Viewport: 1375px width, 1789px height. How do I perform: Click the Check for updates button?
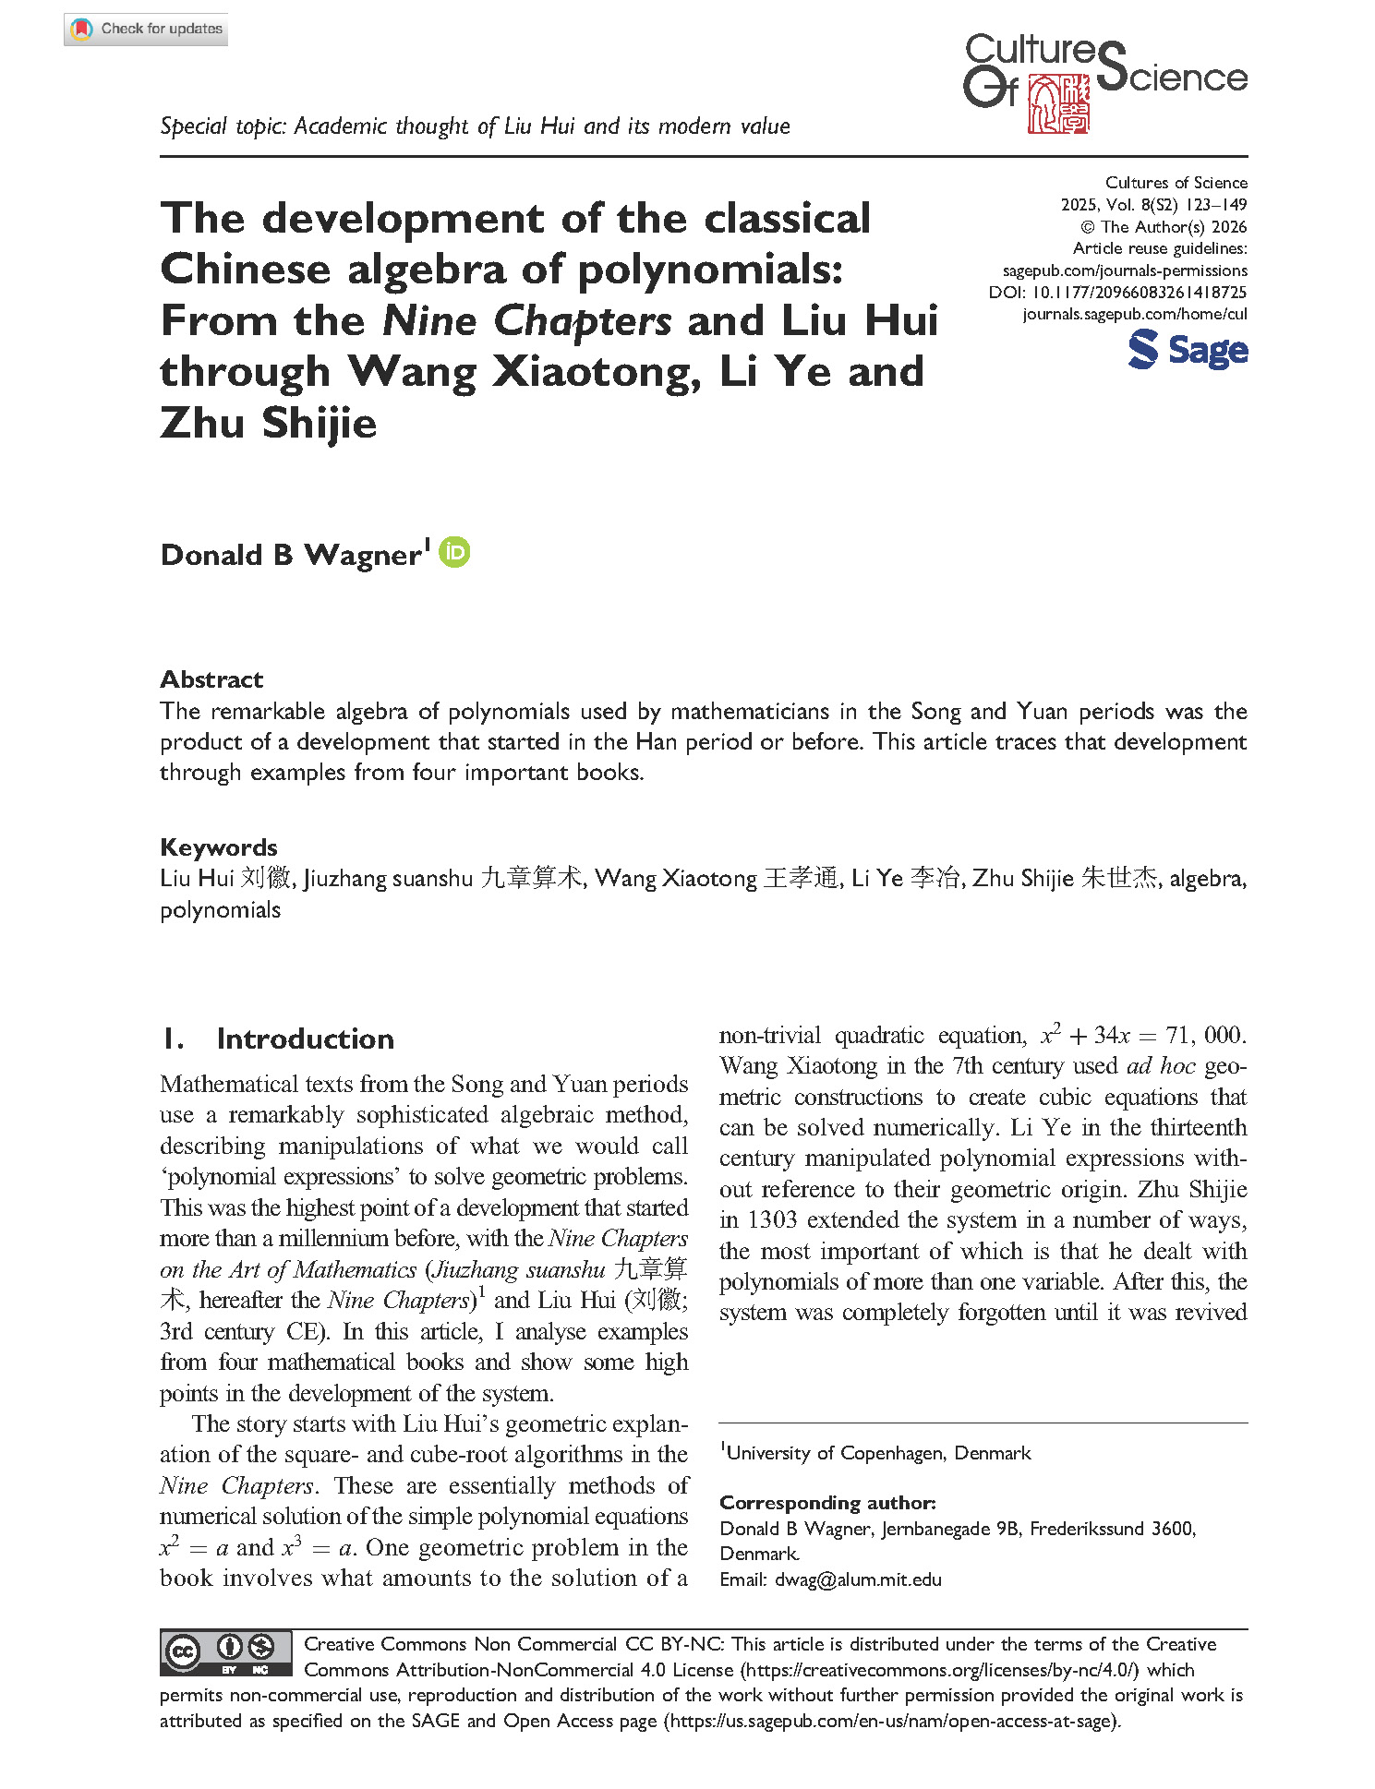pyautogui.click(x=146, y=30)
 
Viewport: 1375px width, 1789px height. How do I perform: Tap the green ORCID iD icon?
pyautogui.click(x=454, y=552)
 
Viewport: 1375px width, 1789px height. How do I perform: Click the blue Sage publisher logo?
pyautogui.click(x=1188, y=351)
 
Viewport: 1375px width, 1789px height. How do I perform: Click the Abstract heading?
pyautogui.click(x=211, y=679)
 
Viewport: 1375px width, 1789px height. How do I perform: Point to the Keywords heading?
pyautogui.click(x=219, y=847)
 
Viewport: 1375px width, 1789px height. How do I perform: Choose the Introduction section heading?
pyautogui.click(x=305, y=1039)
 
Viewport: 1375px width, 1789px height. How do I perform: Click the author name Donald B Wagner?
pyautogui.click(x=291, y=555)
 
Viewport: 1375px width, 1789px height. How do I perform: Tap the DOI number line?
pyautogui.click(x=1117, y=292)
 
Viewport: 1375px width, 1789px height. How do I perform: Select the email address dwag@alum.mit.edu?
pyautogui.click(x=858, y=1579)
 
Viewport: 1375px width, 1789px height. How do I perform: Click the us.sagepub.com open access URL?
pyautogui.click(x=891, y=1720)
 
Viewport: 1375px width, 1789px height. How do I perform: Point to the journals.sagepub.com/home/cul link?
pyautogui.click(x=1134, y=314)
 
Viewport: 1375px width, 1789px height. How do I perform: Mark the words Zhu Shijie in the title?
pyautogui.click(x=269, y=423)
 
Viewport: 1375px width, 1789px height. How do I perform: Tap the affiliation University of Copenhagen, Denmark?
pyautogui.click(x=877, y=1453)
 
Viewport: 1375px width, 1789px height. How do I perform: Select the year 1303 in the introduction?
pyautogui.click(x=772, y=1219)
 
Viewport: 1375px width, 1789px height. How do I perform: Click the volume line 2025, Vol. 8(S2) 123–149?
pyautogui.click(x=1153, y=205)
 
